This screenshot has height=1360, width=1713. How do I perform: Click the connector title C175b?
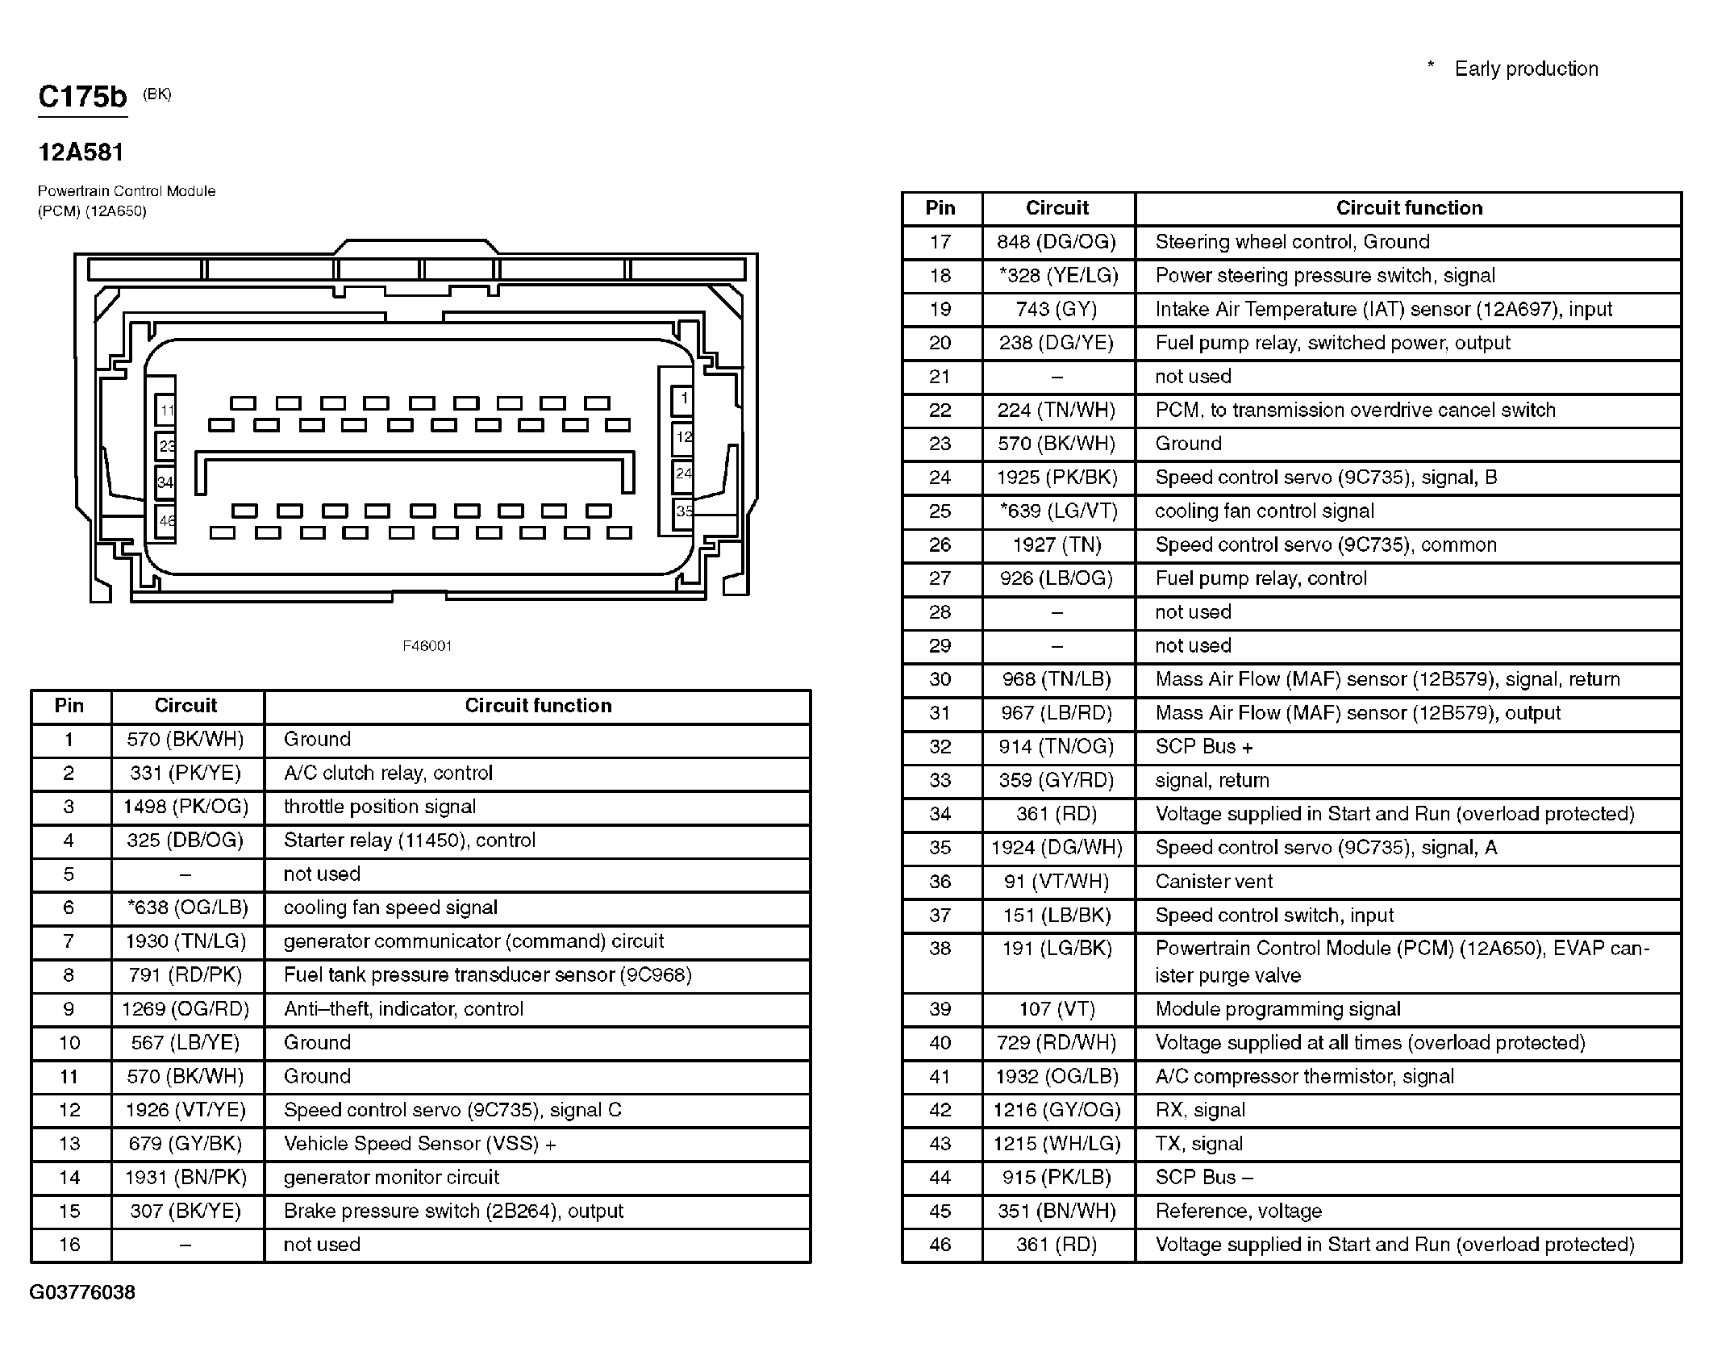[82, 97]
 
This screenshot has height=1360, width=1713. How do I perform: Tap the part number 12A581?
[81, 152]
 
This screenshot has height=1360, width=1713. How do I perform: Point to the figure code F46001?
[427, 646]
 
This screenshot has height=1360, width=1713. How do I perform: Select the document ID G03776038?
[82, 1292]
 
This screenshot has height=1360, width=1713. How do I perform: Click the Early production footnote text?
[1526, 69]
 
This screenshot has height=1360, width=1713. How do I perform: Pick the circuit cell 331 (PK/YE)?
[185, 773]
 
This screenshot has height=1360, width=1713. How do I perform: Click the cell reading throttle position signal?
[380, 807]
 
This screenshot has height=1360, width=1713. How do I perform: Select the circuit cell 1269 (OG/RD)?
[185, 1009]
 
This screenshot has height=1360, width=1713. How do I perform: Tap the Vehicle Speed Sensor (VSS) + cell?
[420, 1144]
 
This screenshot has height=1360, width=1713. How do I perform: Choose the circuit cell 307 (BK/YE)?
[185, 1211]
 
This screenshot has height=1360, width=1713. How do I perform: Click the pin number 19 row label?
[940, 309]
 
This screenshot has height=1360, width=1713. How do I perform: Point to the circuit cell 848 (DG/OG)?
[1057, 242]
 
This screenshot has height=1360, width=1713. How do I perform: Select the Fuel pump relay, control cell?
[1261, 578]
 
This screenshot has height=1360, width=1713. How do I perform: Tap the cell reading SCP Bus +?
[1204, 747]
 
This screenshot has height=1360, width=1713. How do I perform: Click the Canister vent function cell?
[1214, 882]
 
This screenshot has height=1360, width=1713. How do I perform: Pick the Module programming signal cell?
[1277, 1009]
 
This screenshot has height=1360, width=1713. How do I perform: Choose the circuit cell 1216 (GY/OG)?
[1057, 1110]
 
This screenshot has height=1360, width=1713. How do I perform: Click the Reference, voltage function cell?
[1239, 1211]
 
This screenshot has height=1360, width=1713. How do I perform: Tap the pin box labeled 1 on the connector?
[684, 398]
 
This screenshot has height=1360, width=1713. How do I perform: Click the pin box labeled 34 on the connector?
[165, 483]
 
